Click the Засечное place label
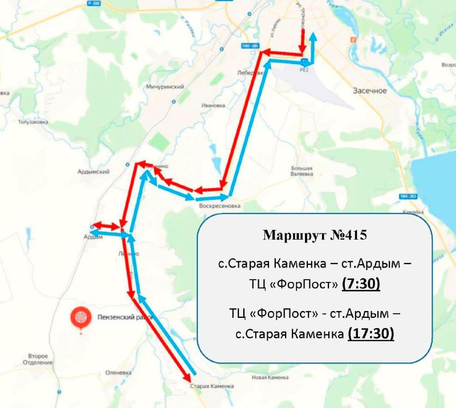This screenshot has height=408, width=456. pyautogui.click(x=370, y=91)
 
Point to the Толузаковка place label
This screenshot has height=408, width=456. pyautogui.click(x=32, y=122)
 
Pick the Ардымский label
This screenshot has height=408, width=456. pyautogui.click(x=92, y=171)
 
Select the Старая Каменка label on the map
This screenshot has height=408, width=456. pyautogui.click(x=211, y=386)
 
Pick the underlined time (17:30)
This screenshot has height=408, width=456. pyautogui.click(x=370, y=333)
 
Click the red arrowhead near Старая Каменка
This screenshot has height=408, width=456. pyautogui.click(x=186, y=378)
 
